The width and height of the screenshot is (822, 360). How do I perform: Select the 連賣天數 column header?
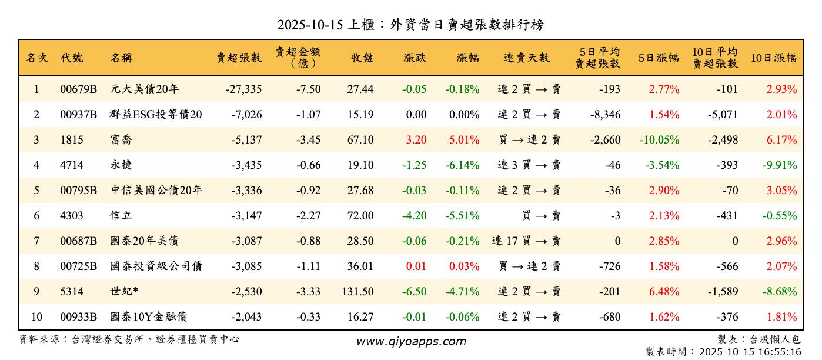pos(526,58)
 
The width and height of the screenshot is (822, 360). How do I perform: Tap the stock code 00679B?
pos(78,89)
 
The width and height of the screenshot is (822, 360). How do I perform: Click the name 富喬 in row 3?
pos(121,140)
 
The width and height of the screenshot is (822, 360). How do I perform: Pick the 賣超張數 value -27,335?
pos(243,89)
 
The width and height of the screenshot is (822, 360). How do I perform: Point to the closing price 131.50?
pos(357,292)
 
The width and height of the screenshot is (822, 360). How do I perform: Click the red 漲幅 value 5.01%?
pos(464,140)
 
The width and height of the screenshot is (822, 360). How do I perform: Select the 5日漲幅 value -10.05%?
pos(659,140)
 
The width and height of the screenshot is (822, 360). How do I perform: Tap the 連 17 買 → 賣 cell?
pos(526,241)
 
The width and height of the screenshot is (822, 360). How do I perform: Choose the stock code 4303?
pos(72,216)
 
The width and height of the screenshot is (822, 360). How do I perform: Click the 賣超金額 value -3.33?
pos(308,292)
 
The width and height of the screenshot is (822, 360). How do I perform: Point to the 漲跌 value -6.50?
pos(415,292)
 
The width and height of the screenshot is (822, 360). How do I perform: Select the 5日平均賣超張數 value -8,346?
pos(605,115)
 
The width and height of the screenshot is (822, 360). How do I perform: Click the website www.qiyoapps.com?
pos(411,342)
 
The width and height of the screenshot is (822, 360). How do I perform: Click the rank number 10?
pos(36,317)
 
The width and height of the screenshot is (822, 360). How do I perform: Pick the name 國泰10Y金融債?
pos(148,317)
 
